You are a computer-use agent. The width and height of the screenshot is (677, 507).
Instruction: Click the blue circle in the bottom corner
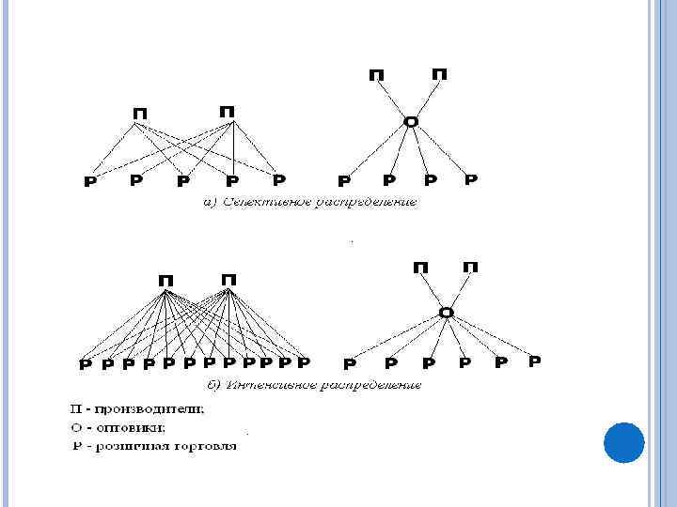pyautogui.click(x=622, y=441)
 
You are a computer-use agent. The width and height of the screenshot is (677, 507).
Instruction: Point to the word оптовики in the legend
pyautogui.click(x=133, y=427)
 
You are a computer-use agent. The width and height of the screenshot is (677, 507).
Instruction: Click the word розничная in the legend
pyautogui.click(x=134, y=446)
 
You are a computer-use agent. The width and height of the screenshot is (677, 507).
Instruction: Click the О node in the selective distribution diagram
pyautogui.click(x=410, y=122)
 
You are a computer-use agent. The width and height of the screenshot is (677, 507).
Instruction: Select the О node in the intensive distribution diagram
pyautogui.click(x=447, y=313)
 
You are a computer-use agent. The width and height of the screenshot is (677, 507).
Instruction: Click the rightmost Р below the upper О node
pyautogui.click(x=471, y=178)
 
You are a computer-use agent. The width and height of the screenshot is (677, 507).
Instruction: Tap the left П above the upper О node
pyautogui.click(x=377, y=75)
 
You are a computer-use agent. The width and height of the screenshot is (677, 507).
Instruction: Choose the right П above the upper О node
pyautogui.click(x=439, y=73)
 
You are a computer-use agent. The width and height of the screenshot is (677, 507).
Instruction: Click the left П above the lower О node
pyautogui.click(x=421, y=269)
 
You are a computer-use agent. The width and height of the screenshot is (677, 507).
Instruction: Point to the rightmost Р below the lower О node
pyautogui.click(x=534, y=361)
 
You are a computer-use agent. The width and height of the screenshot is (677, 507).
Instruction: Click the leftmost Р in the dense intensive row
pyautogui.click(x=85, y=364)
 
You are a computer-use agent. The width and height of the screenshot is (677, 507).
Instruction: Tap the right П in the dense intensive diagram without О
pyautogui.click(x=228, y=280)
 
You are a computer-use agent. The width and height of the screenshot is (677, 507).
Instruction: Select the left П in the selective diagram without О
pyautogui.click(x=140, y=114)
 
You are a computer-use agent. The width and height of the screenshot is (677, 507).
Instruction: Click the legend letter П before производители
pyautogui.click(x=74, y=409)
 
